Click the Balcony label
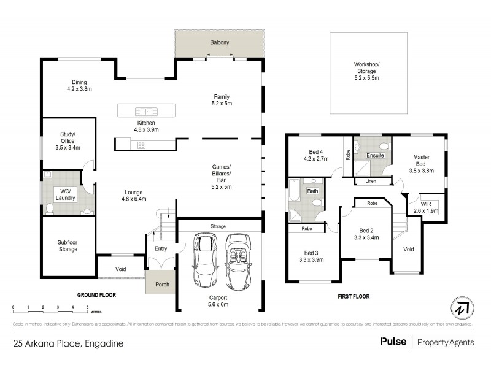coord(218,42)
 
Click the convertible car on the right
coord(237,262)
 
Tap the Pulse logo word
coord(393,343)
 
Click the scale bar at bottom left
coord(50,306)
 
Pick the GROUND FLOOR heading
coord(96,295)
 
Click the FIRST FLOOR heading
coord(354,296)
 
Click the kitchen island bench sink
coord(146,111)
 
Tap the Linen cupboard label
coord(370,181)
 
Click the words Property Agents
coord(446,343)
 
